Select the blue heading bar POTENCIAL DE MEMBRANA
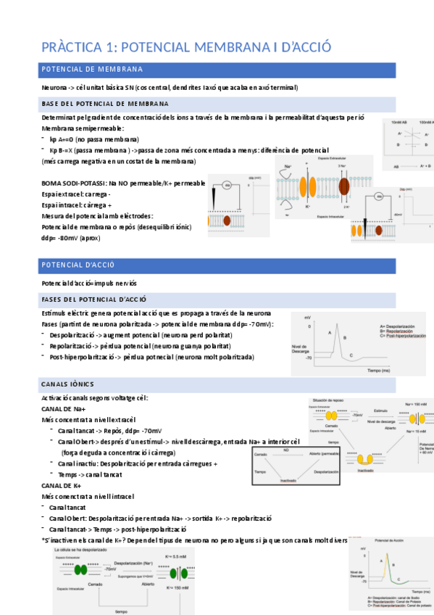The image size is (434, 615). click(x=217, y=70)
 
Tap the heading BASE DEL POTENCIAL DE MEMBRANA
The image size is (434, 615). click(x=106, y=104)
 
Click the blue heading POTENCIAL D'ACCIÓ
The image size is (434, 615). click(x=217, y=265)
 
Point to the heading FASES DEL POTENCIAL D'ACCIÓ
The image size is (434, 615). click(x=94, y=299)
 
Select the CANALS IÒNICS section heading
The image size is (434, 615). click(x=68, y=383)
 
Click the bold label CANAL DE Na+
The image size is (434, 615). click(x=64, y=409)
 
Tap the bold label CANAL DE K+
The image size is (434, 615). click(x=61, y=485)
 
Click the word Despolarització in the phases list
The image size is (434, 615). click(x=75, y=335)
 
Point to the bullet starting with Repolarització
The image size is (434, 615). click(x=138, y=346)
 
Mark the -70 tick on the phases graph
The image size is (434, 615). click(x=307, y=358)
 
